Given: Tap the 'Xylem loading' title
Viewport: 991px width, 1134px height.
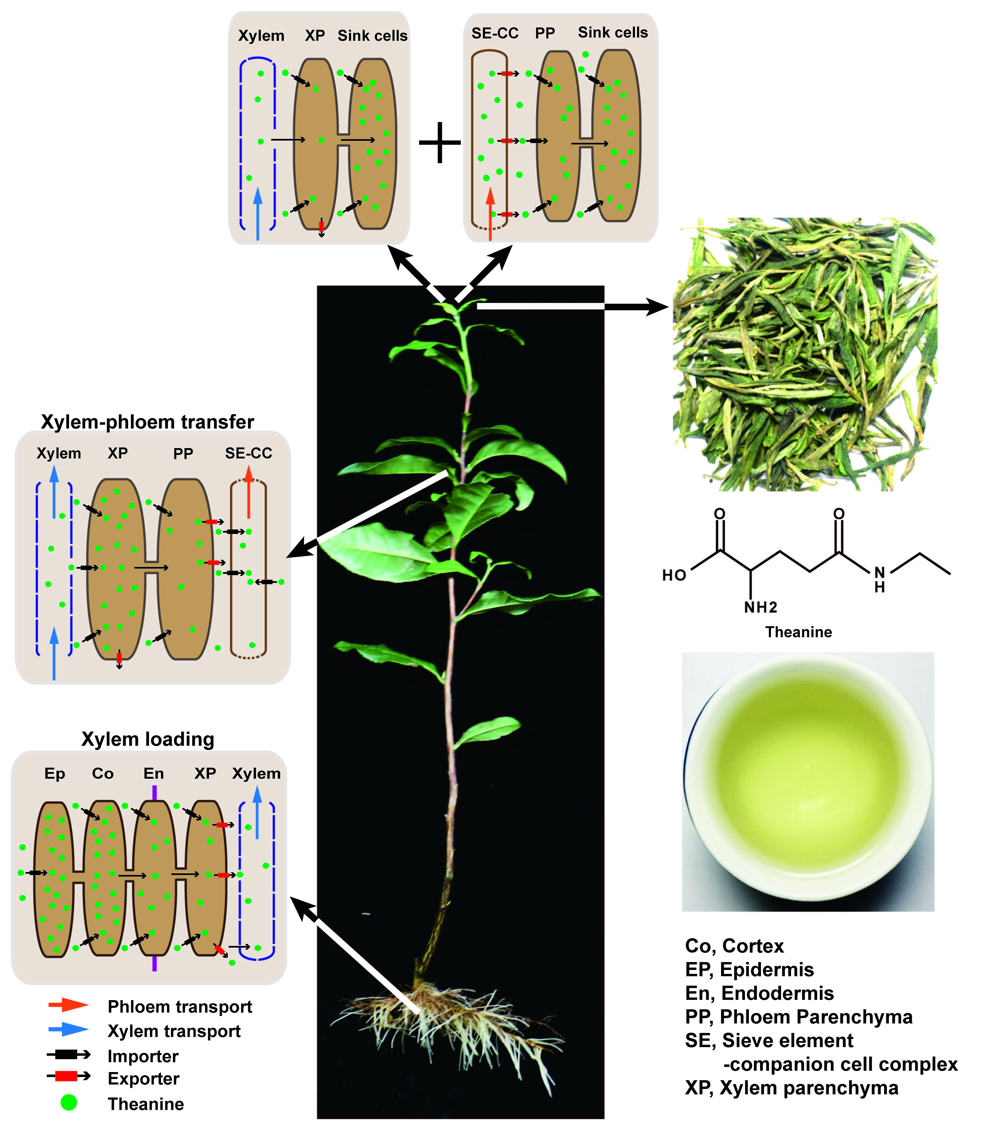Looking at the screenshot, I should pos(148,739).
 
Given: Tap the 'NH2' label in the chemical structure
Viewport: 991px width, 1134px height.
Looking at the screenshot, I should pos(760,607).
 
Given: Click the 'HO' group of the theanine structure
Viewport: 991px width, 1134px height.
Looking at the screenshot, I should pos(674,575).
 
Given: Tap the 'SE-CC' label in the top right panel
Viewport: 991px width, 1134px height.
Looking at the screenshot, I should pos(495,33).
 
